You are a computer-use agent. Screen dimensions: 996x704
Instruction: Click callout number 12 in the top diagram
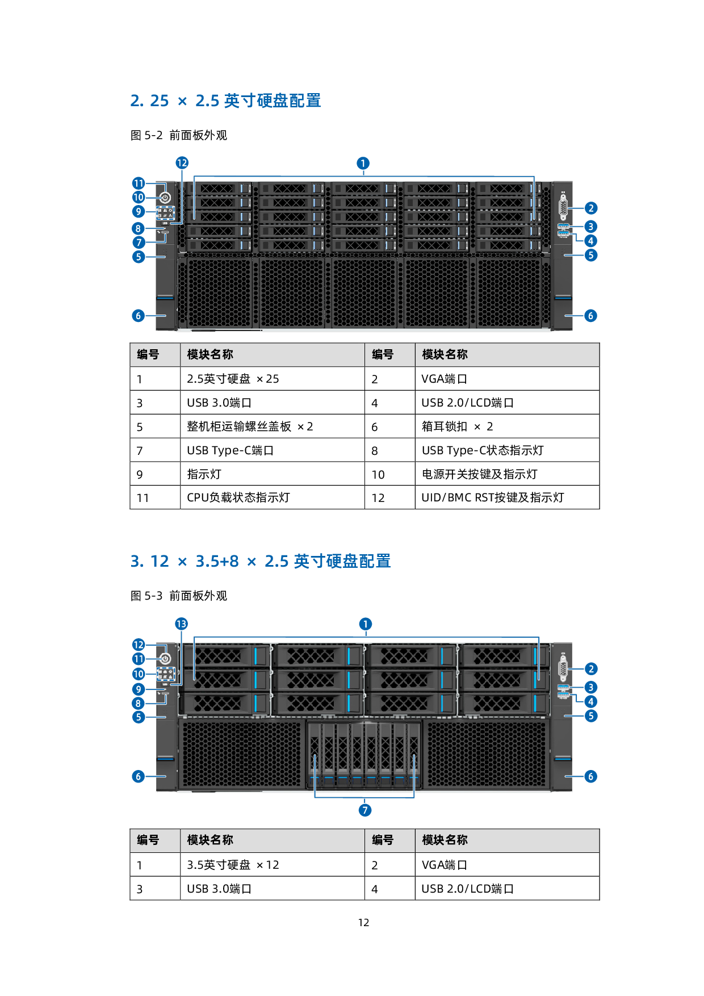(x=182, y=164)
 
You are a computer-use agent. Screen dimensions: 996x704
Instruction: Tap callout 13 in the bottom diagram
(x=181, y=624)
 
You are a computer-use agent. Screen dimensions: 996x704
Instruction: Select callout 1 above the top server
(x=363, y=164)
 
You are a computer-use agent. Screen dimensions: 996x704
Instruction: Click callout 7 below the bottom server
(x=365, y=810)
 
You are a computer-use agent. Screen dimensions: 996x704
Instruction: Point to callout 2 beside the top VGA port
(x=590, y=208)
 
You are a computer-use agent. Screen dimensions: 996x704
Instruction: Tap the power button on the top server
(x=165, y=198)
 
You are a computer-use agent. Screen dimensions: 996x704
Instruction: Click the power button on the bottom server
(x=165, y=659)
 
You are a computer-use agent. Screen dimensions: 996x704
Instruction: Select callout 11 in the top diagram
(x=139, y=183)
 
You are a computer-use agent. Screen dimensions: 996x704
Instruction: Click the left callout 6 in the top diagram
(x=138, y=316)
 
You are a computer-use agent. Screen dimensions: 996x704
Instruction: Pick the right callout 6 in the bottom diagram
(x=590, y=776)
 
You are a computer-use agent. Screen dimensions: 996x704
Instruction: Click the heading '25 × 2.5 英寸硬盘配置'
(x=225, y=101)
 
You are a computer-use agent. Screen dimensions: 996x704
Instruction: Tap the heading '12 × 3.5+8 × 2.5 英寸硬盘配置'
(x=260, y=562)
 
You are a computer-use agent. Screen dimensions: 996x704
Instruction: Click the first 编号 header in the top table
(x=148, y=354)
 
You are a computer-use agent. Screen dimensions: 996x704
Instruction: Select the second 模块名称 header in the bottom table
(x=445, y=840)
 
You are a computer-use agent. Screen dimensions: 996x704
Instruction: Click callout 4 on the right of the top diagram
(x=590, y=241)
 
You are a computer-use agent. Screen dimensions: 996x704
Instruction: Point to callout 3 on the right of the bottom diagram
(x=590, y=687)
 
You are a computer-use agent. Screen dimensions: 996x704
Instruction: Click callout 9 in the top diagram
(x=139, y=212)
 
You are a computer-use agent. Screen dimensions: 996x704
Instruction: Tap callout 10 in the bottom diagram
(x=139, y=674)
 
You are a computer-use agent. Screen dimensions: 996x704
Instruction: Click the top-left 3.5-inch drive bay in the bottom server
(x=225, y=656)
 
